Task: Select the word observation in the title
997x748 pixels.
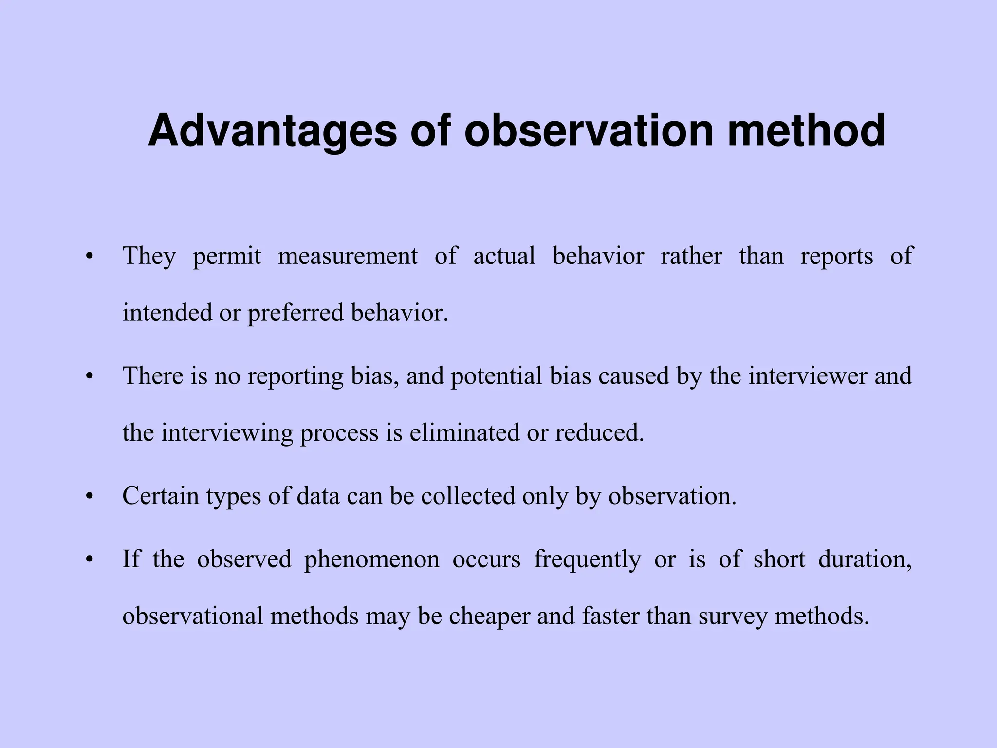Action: tap(590, 131)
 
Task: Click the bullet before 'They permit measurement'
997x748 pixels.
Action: tap(89, 257)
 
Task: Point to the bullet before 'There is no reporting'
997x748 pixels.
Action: tap(89, 376)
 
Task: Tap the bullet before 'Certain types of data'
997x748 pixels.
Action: tap(89, 497)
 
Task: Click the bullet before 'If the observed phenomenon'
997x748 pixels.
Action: tap(89, 560)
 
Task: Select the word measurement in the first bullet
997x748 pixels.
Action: tap(348, 256)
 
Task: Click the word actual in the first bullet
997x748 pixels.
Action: tap(504, 256)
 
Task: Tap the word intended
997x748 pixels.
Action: tap(167, 312)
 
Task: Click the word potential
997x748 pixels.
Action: tap(497, 376)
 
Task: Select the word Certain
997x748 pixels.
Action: tap(161, 496)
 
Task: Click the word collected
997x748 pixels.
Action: tap(468, 496)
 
